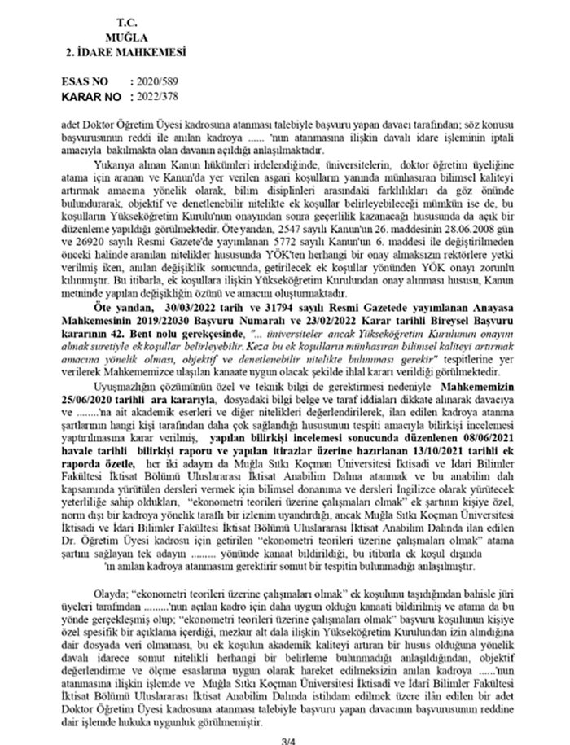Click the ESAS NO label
coord(88,84)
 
